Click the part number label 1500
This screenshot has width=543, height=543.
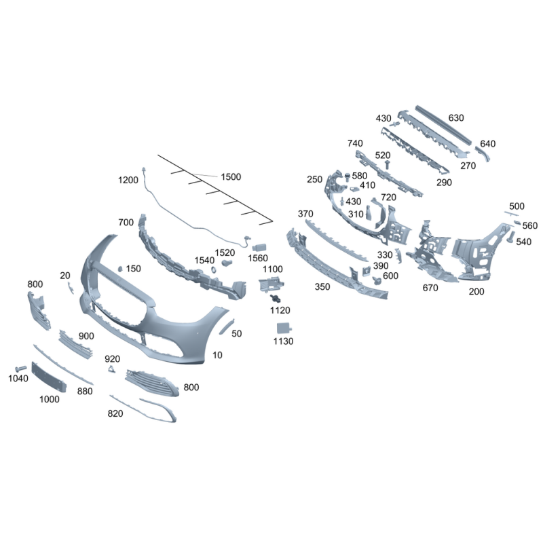(231, 176)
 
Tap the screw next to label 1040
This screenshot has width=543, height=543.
(21, 369)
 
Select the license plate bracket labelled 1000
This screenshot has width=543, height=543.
(49, 377)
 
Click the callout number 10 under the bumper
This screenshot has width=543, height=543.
(217, 355)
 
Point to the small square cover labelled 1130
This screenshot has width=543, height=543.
(284, 328)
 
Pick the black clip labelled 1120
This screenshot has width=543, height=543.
(276, 298)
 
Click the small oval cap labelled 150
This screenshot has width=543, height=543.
(121, 269)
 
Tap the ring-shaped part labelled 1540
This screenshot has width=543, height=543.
(214, 269)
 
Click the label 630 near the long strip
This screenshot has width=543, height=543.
(456, 117)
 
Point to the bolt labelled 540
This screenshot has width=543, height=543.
(511, 236)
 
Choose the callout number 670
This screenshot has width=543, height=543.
(430, 287)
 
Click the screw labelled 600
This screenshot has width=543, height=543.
(377, 280)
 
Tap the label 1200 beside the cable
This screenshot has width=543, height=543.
(128, 180)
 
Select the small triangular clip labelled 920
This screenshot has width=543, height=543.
(111, 369)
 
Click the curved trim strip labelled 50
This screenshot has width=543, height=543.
(227, 326)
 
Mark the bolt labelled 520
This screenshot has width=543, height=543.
(387, 164)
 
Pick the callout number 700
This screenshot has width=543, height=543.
(126, 223)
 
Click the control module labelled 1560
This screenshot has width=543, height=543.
(259, 248)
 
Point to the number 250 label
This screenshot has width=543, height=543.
(314, 179)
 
